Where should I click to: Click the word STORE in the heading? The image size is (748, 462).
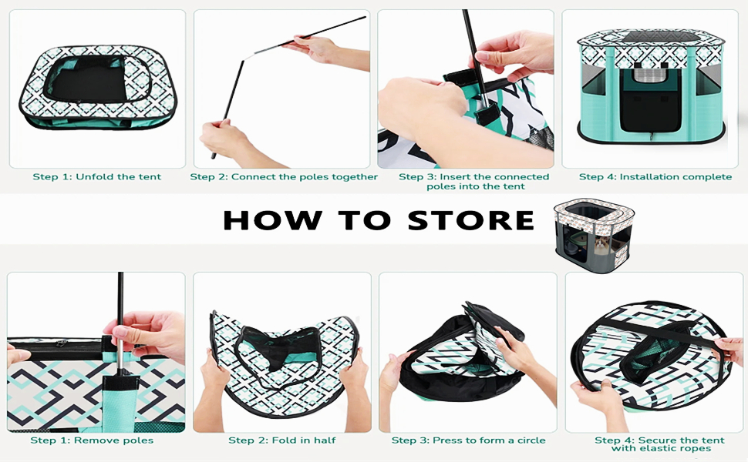click(471, 220)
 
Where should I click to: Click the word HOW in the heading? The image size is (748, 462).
click(272, 220)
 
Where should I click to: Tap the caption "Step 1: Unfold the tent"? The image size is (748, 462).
click(97, 176)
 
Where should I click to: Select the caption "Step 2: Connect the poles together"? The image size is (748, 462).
click(284, 176)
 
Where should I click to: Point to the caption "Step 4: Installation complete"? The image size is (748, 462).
click(655, 176)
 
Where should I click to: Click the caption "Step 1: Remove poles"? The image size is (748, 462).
click(92, 440)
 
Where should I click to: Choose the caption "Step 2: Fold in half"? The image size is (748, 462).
click(282, 440)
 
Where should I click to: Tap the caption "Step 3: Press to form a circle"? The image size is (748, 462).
click(468, 440)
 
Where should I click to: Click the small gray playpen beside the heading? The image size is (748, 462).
click(594, 236)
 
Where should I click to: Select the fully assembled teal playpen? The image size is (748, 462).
click(652, 89)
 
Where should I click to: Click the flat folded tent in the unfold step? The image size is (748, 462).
click(98, 88)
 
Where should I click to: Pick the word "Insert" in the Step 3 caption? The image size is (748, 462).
click(454, 176)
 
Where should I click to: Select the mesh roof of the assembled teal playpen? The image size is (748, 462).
click(650, 37)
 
